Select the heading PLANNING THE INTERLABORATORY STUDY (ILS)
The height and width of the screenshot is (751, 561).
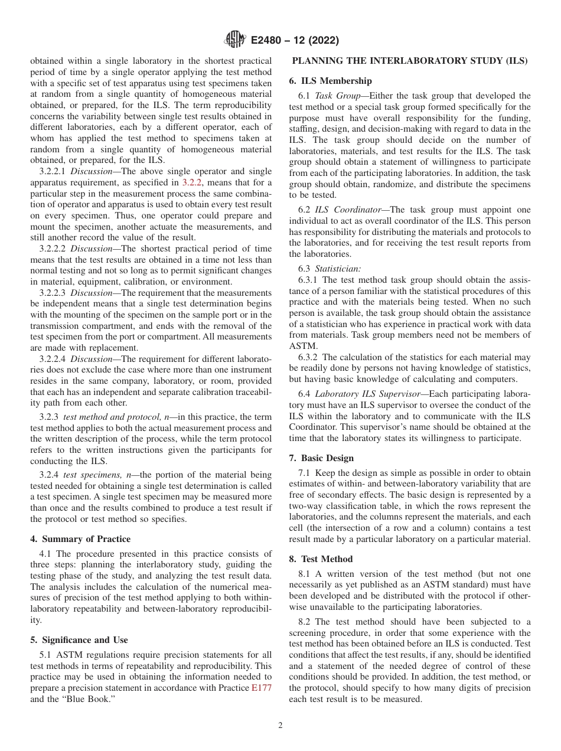(410, 61)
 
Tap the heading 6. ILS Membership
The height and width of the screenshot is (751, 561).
(331, 81)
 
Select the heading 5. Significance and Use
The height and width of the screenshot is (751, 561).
(79, 639)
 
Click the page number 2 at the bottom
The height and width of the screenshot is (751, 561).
(280, 726)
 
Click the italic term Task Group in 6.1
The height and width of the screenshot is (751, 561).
(335, 96)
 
